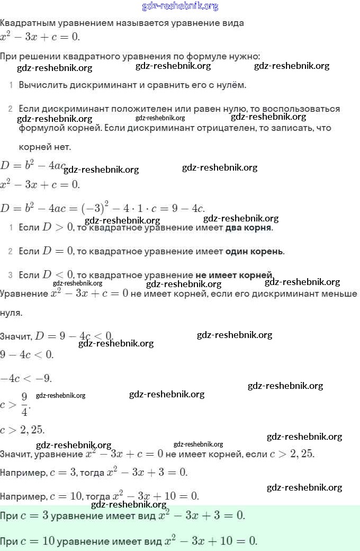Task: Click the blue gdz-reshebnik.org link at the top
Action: pyautogui.click(x=180, y=6)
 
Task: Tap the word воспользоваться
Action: pyautogui.click(x=301, y=109)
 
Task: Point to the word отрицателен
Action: pyautogui.click(x=224, y=128)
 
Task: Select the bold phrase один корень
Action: pyautogui.click(x=254, y=251)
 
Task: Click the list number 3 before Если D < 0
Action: pyautogui.click(x=10, y=275)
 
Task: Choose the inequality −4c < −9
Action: pyautogui.click(x=26, y=378)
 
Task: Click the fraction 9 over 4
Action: pyautogui.click(x=24, y=404)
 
